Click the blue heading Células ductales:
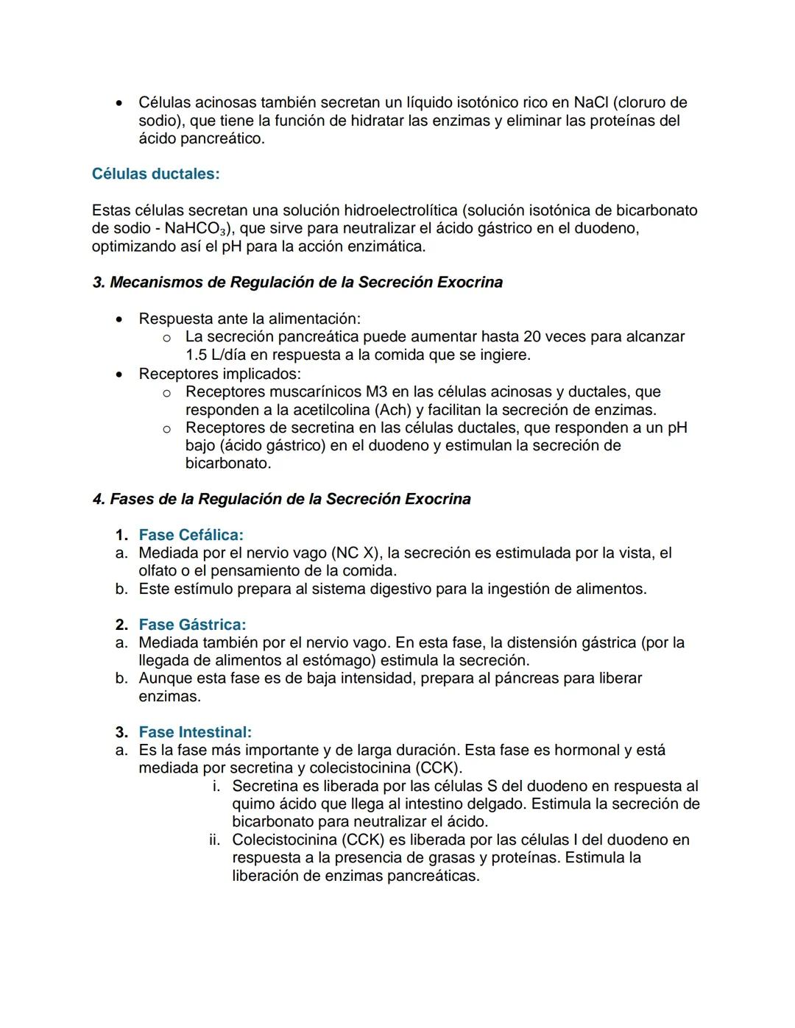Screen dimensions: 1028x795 coord(155,174)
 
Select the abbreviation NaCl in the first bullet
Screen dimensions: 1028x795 coord(590,103)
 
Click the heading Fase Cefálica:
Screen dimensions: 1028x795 coord(191,535)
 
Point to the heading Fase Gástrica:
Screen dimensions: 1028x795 coord(192,625)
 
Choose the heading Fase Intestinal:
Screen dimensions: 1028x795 coord(195,732)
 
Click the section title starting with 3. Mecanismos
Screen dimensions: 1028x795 coord(297,283)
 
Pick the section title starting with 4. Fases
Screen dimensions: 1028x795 coord(281,500)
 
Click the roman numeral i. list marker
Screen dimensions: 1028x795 coord(216,787)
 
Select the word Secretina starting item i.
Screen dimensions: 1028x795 coord(265,787)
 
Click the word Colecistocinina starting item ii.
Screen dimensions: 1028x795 coord(286,840)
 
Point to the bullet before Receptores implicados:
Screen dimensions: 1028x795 coord(119,374)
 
